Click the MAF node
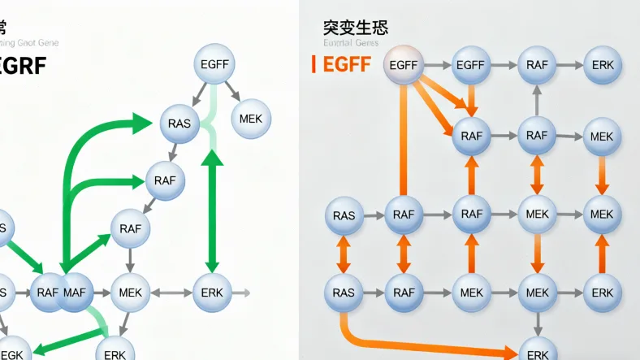pyautogui.click(x=76, y=292)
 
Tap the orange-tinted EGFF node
pyautogui.click(x=404, y=65)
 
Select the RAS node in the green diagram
pyautogui.click(x=179, y=124)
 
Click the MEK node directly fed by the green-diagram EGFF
pyautogui.click(x=251, y=119)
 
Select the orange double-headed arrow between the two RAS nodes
pyautogui.click(x=344, y=253)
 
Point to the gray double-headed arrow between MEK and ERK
pyautogui.click(x=170, y=292)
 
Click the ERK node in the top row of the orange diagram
pyautogui.click(x=603, y=65)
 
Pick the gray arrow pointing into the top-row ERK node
pyautogui.click(x=569, y=65)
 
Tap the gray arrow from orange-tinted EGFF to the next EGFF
pyautogui.click(x=437, y=65)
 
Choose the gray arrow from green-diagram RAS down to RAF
pyautogui.click(x=172, y=152)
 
